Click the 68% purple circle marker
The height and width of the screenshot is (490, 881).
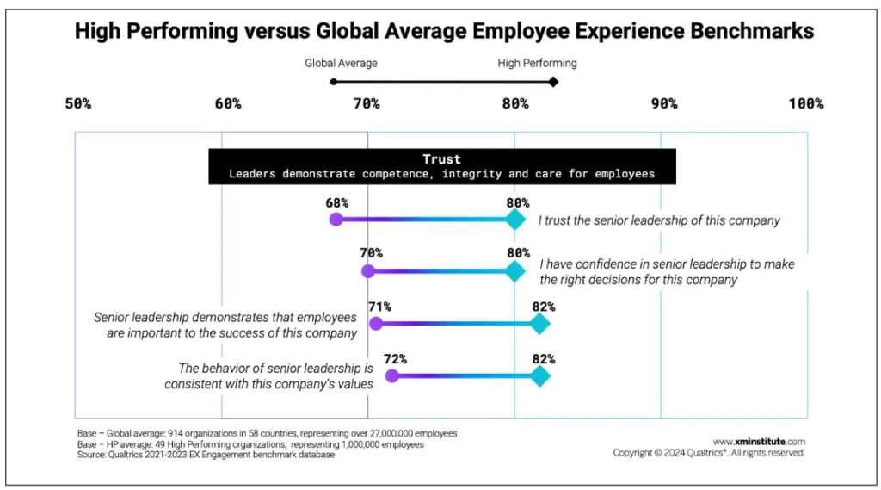pos(336,220)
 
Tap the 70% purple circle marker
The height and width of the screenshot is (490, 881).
pos(368,271)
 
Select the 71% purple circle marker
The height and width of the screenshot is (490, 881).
pos(375,324)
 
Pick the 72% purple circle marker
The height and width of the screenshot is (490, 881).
pos(392,375)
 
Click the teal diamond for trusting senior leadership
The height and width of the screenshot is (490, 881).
pos(514,220)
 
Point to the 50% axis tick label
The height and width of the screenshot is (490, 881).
pos(78,104)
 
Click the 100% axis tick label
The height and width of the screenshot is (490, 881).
pos(805,104)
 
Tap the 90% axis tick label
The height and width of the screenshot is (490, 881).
pos(663,104)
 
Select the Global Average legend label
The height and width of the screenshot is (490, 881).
pos(341,63)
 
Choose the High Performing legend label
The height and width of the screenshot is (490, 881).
pos(537,63)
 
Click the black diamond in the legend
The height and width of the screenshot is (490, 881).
pos(553,82)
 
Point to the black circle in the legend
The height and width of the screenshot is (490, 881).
pos(334,82)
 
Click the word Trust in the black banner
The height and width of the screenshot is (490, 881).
pos(441,159)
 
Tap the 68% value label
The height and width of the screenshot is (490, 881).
pos(336,202)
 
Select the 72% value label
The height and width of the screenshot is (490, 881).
pos(395,359)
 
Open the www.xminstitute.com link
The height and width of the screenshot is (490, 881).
pos(759,441)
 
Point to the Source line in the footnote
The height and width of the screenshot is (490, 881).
pos(206,455)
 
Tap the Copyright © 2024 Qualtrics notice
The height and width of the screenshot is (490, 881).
pos(709,453)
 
